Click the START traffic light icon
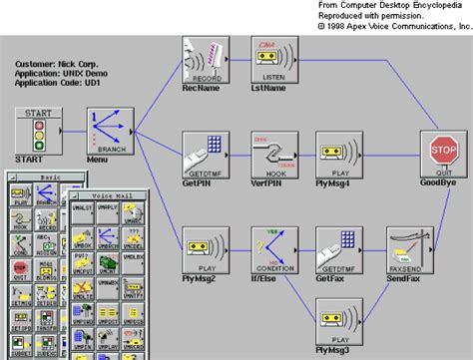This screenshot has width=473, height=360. point(38,132)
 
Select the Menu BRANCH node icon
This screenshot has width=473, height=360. point(108,132)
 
